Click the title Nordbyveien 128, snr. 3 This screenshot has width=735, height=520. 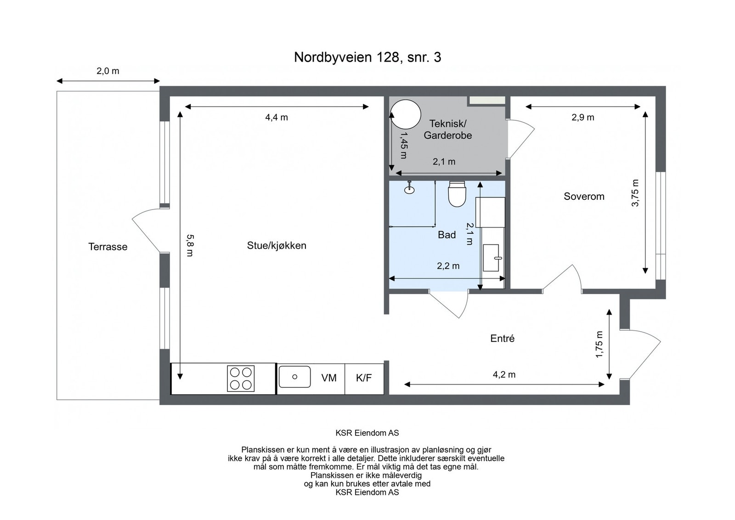[367, 57]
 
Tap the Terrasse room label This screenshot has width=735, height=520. [107, 247]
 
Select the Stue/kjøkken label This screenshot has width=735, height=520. [277, 245]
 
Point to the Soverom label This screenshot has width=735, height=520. [584, 196]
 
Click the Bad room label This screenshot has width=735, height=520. [447, 235]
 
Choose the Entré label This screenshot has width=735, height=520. [503, 338]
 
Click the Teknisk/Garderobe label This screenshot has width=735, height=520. [448, 129]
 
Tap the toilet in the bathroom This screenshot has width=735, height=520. [457, 194]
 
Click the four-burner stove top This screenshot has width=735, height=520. [241, 378]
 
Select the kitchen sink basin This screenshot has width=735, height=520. [294, 377]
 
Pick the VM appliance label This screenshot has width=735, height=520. [329, 378]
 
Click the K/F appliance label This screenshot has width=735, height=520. [364, 378]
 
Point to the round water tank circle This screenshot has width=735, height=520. [406, 114]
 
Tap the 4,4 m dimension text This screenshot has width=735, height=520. [277, 117]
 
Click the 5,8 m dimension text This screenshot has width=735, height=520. [190, 245]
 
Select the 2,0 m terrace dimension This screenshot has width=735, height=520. [108, 71]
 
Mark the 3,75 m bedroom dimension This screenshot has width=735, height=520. [635, 193]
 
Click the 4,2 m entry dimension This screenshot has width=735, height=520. [504, 374]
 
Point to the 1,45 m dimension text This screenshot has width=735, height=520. [404, 145]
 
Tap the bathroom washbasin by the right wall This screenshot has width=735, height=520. [491, 258]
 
